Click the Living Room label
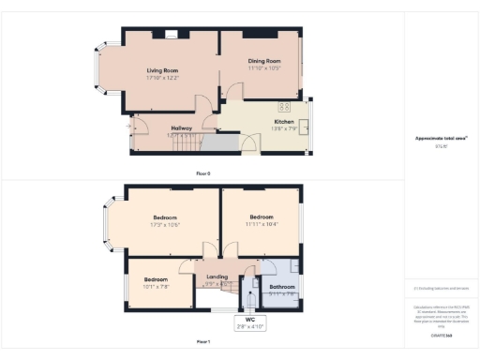(x=161, y=70)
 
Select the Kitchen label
(x=284, y=122)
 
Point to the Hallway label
(x=181, y=128)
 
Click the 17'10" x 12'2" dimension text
(x=161, y=78)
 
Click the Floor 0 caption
(x=202, y=173)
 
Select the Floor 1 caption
(x=202, y=342)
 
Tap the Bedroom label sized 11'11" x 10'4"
(x=262, y=217)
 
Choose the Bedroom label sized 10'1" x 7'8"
(x=156, y=280)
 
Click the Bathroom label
(x=282, y=287)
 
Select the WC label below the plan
(x=249, y=321)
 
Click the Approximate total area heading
(x=441, y=140)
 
